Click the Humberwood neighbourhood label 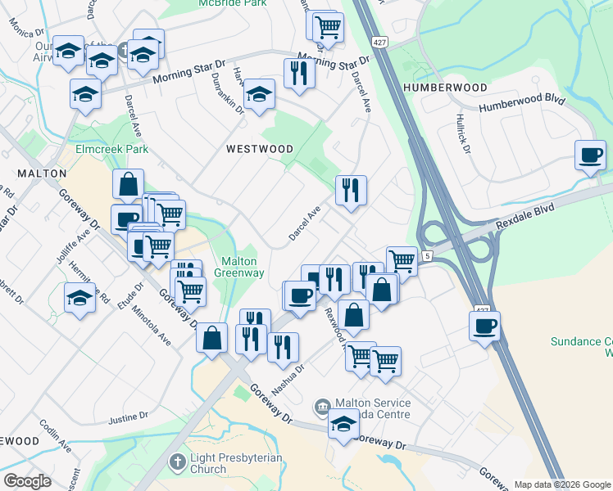click(x=445, y=87)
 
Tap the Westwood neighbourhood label click(x=260, y=149)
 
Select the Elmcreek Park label click(x=111, y=150)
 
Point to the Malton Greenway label click(x=240, y=268)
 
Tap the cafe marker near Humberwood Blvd click(x=590, y=155)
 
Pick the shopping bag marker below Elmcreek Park click(x=129, y=184)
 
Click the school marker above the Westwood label click(x=259, y=94)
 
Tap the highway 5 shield click(x=427, y=257)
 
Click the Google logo click(x=27, y=481)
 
